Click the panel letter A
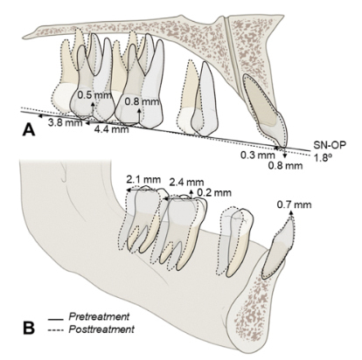coord(29,129)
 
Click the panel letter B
coord(29,328)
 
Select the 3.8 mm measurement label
coord(65,122)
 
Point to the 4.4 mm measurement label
coord(112,129)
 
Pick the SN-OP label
coord(331,145)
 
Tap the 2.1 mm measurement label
coord(143,179)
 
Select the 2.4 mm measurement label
coord(186,183)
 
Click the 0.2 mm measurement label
coord(214,192)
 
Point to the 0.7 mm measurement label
coord(294,204)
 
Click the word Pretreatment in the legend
coord(99,316)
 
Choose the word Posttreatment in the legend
coord(101,329)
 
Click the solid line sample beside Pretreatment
coord(56,320)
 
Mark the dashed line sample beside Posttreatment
coord(56,330)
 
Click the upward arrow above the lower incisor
coord(290,215)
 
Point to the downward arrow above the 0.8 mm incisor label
coord(284,154)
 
